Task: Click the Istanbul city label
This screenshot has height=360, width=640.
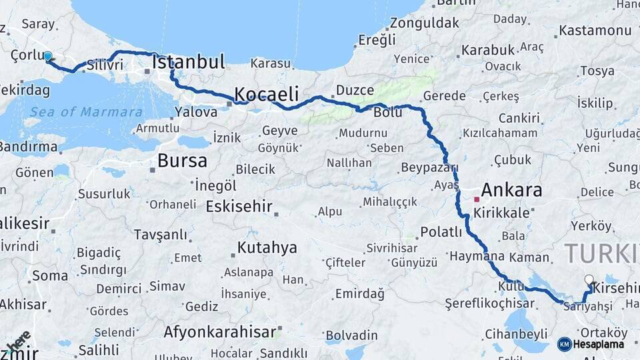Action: coord(189,63)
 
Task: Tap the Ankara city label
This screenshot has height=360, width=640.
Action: coord(511,190)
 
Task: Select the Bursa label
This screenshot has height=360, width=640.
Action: coord(182,161)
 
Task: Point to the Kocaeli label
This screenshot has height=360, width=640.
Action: coord(266,93)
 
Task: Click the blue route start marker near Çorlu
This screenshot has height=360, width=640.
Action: coord(48,57)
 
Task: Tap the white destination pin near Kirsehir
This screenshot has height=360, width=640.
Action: coord(589,281)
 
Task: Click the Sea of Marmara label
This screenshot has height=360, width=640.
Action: coord(86,112)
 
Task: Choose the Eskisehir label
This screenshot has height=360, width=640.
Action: coord(239,207)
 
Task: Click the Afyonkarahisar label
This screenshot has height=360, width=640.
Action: coord(220,332)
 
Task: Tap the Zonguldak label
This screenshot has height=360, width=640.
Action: coord(425,23)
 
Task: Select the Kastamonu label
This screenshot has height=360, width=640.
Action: coord(595,31)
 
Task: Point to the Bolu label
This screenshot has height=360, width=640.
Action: coord(387,113)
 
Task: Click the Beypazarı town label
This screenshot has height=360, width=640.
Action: coord(429,167)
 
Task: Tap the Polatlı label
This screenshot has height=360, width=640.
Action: coord(441,232)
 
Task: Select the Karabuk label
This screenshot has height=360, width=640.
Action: coord(488,50)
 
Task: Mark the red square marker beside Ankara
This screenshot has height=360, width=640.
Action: coord(477,199)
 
